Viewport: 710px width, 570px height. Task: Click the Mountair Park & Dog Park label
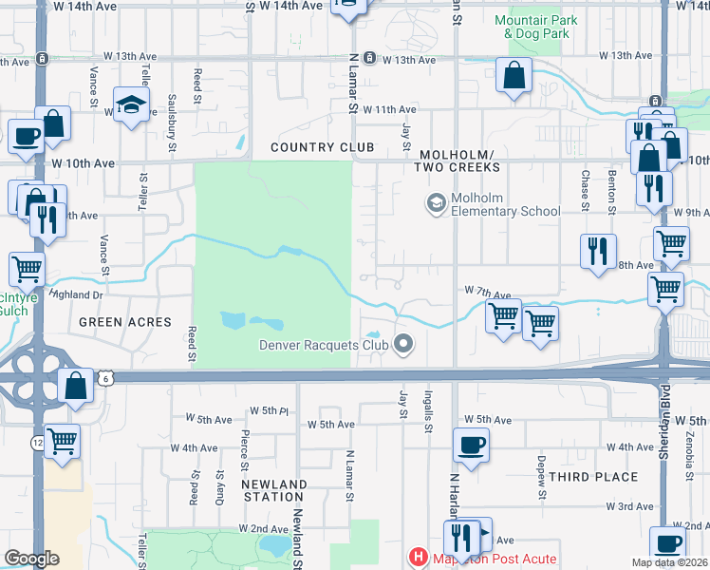[532, 27]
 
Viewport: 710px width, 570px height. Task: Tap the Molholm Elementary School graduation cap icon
[436, 203]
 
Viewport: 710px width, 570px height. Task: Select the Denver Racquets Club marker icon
[404, 344]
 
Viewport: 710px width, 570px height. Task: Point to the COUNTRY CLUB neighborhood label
[322, 147]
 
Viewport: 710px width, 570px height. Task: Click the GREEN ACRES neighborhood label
[125, 322]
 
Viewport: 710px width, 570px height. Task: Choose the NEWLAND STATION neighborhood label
[273, 490]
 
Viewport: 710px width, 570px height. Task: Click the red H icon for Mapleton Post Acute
[416, 558]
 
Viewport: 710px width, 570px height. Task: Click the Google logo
[31, 559]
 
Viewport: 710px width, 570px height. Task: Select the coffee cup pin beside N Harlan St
[470, 444]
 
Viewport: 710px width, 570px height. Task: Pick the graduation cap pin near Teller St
[132, 103]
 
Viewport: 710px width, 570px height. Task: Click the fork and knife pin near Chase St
[597, 251]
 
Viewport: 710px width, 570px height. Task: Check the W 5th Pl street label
[269, 410]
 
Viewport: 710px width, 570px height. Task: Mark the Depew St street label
[541, 477]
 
